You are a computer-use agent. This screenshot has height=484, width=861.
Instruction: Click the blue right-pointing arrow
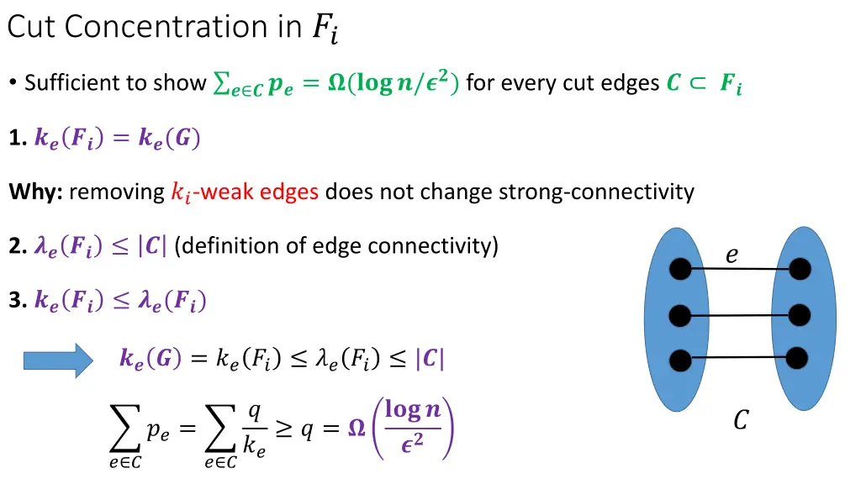tap(58, 360)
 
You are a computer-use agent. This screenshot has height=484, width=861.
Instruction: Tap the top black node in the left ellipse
tap(680, 269)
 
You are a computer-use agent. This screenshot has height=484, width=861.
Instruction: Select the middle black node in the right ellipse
tap(800, 315)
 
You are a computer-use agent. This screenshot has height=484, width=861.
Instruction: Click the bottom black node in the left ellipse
tap(680, 360)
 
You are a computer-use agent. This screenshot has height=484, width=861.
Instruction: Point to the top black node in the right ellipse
tap(800, 270)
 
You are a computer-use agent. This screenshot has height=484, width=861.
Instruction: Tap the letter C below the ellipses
tap(740, 419)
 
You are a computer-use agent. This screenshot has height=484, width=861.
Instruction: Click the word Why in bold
tap(34, 192)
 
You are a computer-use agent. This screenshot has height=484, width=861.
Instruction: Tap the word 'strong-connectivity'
tap(596, 192)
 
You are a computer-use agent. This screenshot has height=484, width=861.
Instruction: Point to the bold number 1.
tap(15, 139)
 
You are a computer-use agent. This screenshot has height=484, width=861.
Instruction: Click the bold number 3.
tap(15, 300)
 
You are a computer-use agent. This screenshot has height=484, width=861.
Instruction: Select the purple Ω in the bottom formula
tap(356, 429)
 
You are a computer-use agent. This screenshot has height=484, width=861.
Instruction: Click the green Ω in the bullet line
tap(335, 83)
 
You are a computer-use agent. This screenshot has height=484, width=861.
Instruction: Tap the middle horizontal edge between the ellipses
tap(740, 315)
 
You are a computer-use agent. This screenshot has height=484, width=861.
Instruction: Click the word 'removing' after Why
tap(117, 192)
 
